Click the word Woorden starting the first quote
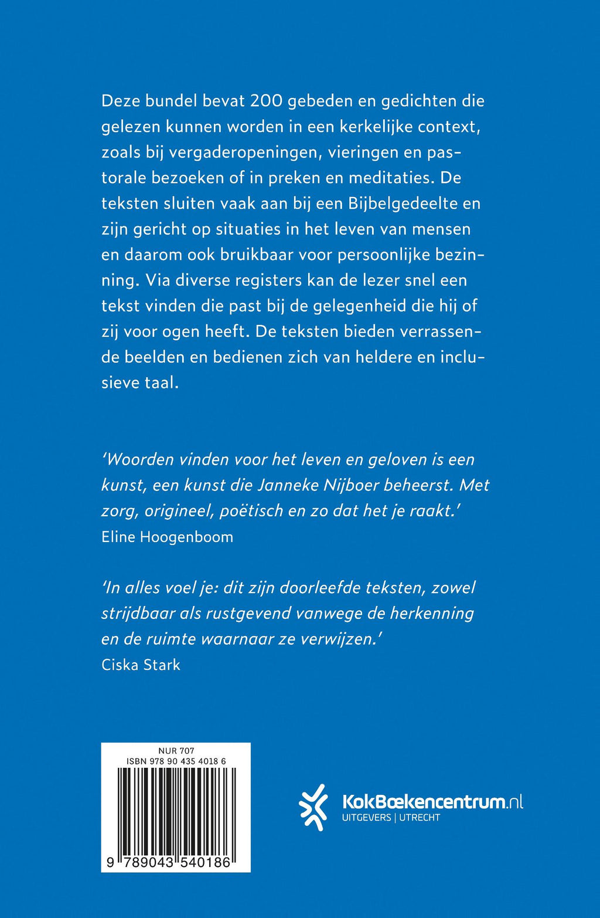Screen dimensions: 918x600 tap(139, 459)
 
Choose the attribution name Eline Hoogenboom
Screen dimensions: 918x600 tap(167, 537)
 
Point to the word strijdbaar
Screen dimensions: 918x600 tap(138, 614)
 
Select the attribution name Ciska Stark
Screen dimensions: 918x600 tap(141, 665)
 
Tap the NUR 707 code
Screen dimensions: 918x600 tap(176, 751)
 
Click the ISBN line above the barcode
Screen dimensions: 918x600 tap(176, 761)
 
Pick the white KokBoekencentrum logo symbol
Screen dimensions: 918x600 tap(313, 807)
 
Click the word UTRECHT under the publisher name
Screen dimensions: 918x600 tap(420, 818)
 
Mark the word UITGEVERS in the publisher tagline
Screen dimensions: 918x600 tap(366, 818)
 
